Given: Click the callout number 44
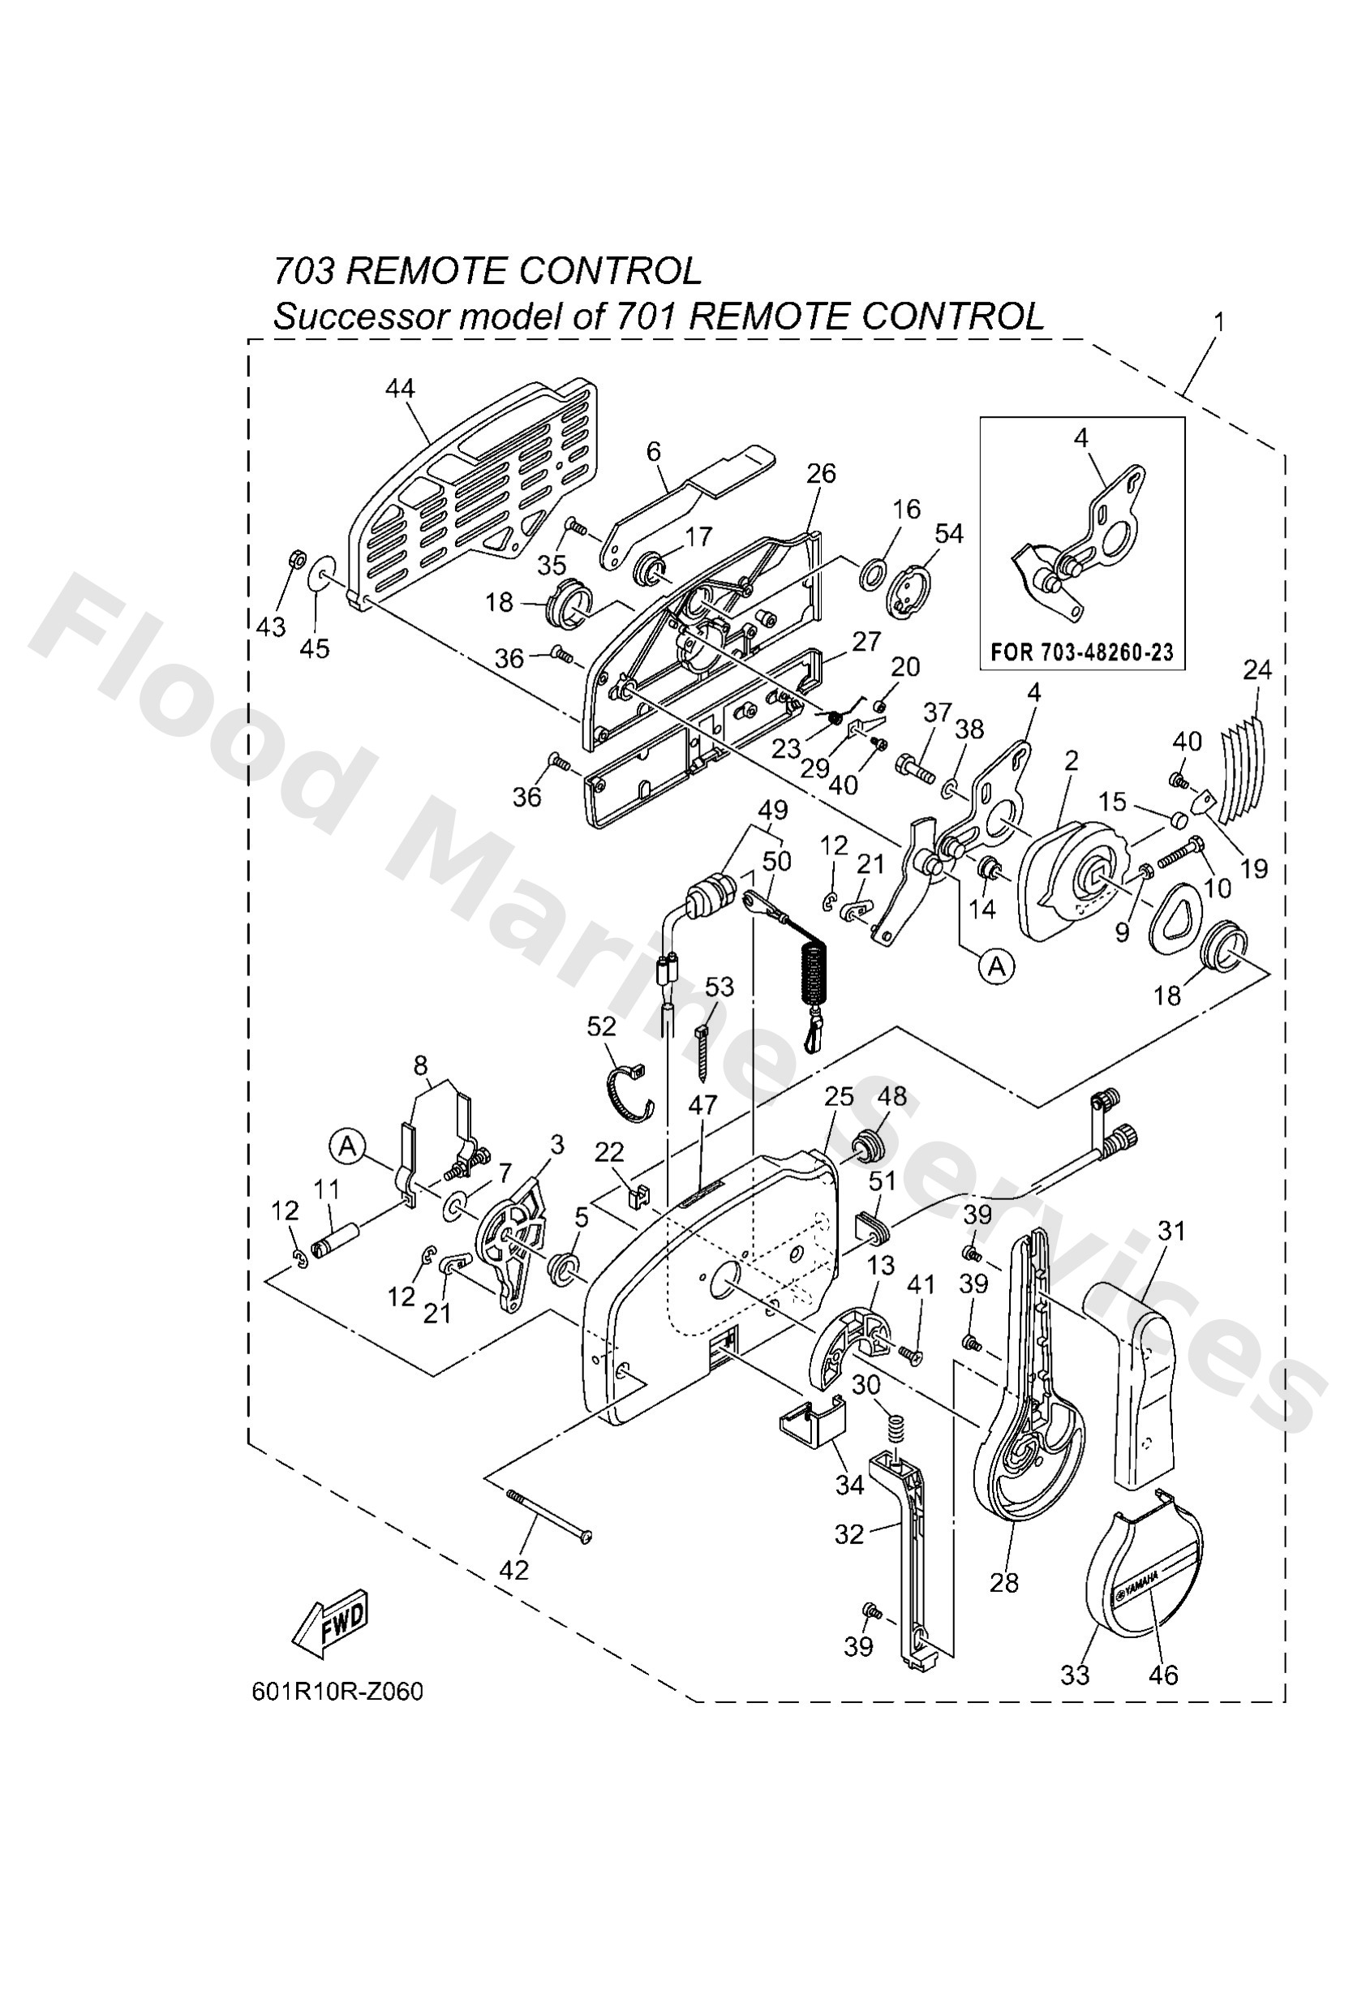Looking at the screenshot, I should (x=399, y=389).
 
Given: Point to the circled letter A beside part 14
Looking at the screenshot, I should (x=996, y=965).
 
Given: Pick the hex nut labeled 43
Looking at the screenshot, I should (x=294, y=561).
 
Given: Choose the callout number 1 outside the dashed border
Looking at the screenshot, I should (x=1218, y=322).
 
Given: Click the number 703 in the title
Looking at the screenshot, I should (x=305, y=272).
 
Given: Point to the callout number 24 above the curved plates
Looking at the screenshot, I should (x=1256, y=670).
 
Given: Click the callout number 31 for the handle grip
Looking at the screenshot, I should (x=1172, y=1231).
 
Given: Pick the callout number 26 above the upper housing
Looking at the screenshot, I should (x=820, y=473).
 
